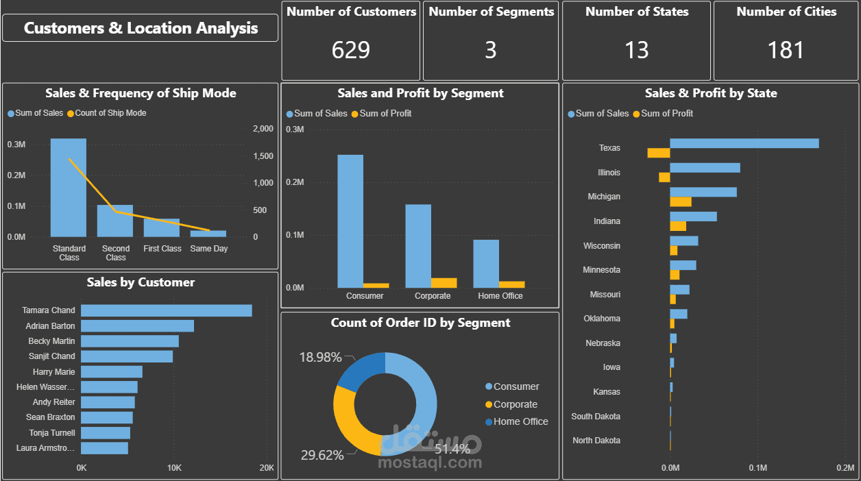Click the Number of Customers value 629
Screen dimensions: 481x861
350,50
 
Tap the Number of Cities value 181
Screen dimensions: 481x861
786,50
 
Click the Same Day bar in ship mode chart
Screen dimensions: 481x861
208,234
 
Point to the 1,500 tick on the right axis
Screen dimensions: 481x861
263,156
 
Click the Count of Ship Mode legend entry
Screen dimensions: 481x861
110,113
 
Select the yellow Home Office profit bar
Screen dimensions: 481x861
511,284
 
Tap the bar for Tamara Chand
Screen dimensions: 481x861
166,310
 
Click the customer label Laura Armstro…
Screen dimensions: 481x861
46,448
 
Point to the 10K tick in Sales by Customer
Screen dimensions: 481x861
174,468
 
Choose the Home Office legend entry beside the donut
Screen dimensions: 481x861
520,421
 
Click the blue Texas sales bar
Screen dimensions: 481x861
744,143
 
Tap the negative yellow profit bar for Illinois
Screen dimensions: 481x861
664,177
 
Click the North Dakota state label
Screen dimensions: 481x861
596,441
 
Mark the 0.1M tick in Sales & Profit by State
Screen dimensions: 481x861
757,468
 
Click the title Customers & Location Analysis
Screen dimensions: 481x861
141,28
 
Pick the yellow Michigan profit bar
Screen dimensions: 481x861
681,202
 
